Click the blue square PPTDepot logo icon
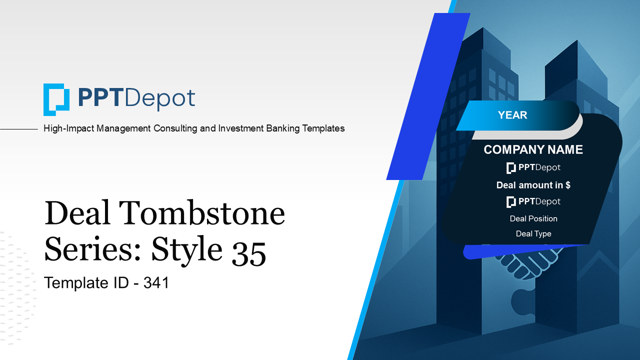coord(56,99)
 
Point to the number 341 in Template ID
coord(156,283)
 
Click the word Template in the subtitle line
coord(72,283)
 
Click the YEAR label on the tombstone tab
coord(512,115)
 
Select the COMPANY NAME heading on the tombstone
coord(533,149)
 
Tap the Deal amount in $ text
coord(533,185)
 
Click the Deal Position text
coord(533,218)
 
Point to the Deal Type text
coord(533,233)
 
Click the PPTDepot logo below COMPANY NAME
coord(533,167)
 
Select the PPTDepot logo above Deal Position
coord(533,201)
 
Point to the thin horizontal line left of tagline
coord(19,129)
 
